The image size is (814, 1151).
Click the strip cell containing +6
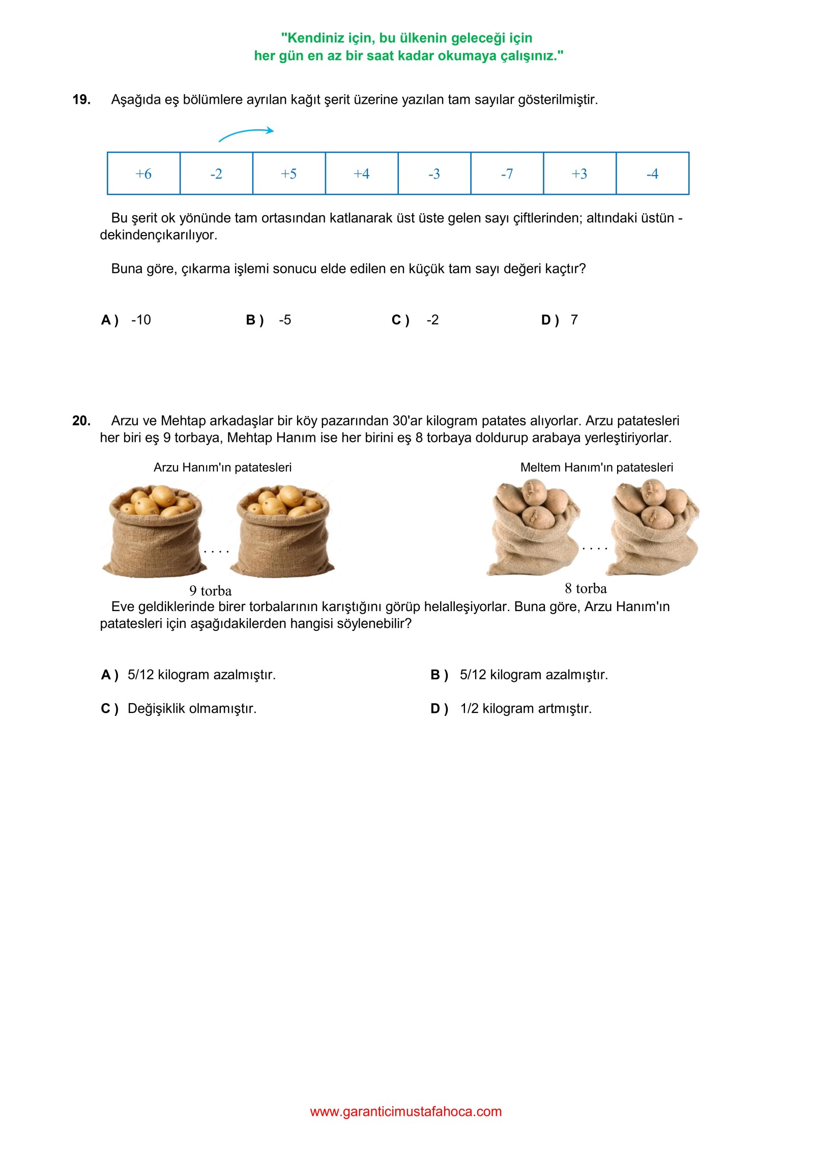pyautogui.click(x=143, y=174)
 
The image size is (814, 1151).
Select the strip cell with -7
pyautogui.click(x=507, y=174)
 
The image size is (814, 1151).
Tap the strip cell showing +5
pyautogui.click(x=289, y=174)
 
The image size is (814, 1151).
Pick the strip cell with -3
pyautogui.click(x=434, y=174)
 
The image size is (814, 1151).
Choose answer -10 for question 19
pyautogui.click(x=141, y=320)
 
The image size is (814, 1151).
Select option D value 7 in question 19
pyautogui.click(x=574, y=320)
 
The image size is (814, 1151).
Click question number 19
pyautogui.click(x=81, y=100)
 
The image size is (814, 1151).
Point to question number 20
pyautogui.click(x=81, y=421)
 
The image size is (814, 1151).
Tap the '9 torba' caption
pyautogui.click(x=210, y=591)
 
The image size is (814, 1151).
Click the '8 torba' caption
pyautogui.click(x=586, y=589)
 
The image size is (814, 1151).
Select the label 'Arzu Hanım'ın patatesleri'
pyautogui.click(x=222, y=468)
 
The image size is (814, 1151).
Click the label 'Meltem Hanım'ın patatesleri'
pyautogui.click(x=596, y=468)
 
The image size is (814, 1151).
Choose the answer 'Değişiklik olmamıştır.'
pyautogui.click(x=192, y=709)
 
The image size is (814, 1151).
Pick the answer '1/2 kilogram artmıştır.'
pyautogui.click(x=526, y=709)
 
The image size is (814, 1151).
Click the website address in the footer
pyautogui.click(x=405, y=1112)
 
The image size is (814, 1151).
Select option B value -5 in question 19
pyautogui.click(x=285, y=320)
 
